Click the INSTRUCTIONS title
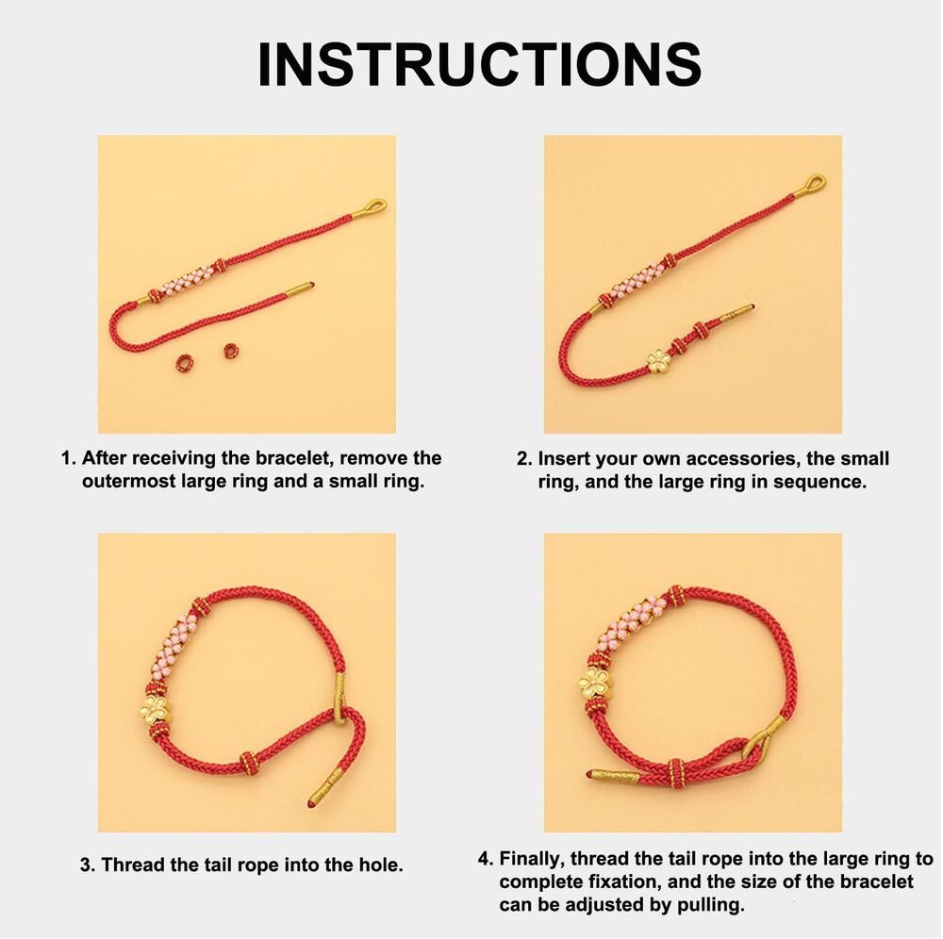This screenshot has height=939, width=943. pos(479,64)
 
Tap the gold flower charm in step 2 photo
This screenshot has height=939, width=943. pos(658,361)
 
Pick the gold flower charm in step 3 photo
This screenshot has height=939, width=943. pos(157,710)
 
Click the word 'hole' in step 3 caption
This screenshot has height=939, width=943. pos(381,865)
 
